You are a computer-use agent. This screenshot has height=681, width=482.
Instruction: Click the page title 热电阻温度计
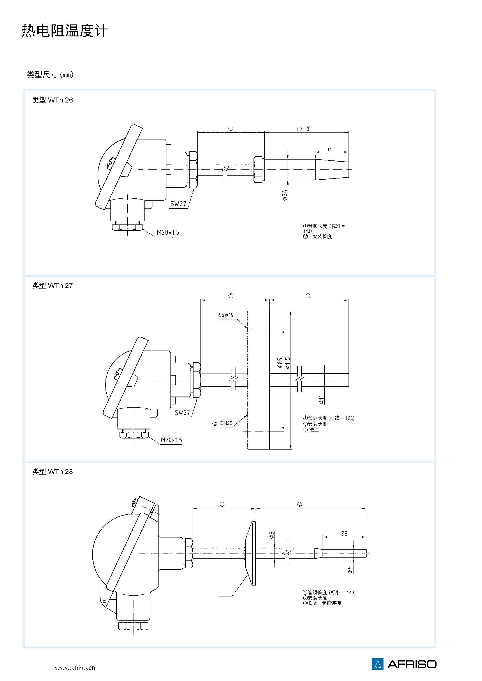click(x=65, y=31)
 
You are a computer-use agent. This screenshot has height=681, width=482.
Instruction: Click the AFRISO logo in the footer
click(x=404, y=664)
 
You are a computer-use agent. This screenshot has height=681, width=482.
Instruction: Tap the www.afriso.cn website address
click(x=75, y=667)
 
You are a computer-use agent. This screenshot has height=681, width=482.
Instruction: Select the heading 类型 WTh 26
click(x=52, y=100)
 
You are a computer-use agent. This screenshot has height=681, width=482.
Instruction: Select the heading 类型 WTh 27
click(x=52, y=285)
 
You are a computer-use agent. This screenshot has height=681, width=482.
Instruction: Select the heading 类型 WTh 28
click(x=52, y=471)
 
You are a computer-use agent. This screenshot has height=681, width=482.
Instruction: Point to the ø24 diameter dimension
click(x=285, y=195)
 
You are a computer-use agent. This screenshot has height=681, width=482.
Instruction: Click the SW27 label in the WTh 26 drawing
click(x=178, y=204)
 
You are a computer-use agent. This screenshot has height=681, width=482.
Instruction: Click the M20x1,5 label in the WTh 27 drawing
click(x=172, y=440)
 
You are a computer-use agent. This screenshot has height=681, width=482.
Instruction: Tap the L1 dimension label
click(x=330, y=150)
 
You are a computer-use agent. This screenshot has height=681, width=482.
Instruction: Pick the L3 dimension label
click(x=300, y=129)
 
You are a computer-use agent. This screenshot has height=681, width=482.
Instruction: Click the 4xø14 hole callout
click(x=226, y=315)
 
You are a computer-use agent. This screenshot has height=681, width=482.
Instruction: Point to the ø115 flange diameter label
click(x=287, y=363)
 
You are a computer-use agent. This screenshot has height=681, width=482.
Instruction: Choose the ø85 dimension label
click(x=279, y=363)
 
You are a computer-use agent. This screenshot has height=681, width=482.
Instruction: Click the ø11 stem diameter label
click(x=321, y=399)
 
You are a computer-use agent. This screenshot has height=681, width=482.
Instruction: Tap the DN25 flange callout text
click(x=226, y=423)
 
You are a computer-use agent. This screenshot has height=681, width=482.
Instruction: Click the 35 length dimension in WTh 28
click(x=344, y=534)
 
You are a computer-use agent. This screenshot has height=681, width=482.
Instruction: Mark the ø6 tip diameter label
click(x=350, y=570)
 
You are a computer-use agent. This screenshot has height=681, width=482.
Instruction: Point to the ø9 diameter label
click(x=271, y=535)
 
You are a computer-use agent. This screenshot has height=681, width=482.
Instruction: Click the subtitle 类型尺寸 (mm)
click(x=50, y=75)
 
